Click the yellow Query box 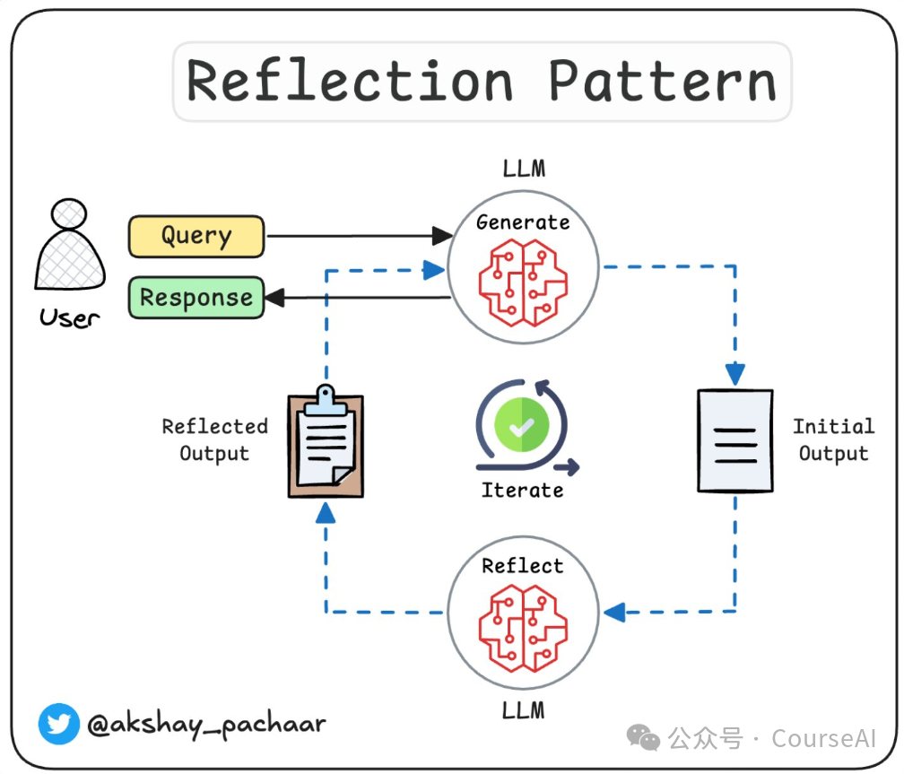coord(196,237)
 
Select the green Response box coord(196,298)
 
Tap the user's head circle coord(68,214)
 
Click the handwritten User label coord(69,317)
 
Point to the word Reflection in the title coord(350,82)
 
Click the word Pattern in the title coord(662,82)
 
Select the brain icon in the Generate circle coord(523,283)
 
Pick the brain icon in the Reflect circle coord(523,628)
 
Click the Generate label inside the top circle coord(523,222)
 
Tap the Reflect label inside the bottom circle coord(523,566)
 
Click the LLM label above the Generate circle coord(524,169)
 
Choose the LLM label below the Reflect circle coord(523,710)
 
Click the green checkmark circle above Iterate coord(522,425)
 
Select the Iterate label coord(522,491)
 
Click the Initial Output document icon coord(735,441)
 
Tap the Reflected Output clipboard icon coord(326,441)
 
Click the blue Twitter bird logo coord(59,724)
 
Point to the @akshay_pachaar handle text coord(206,725)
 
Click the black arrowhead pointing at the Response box coord(275,298)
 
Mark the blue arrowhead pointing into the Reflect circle coord(614,612)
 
